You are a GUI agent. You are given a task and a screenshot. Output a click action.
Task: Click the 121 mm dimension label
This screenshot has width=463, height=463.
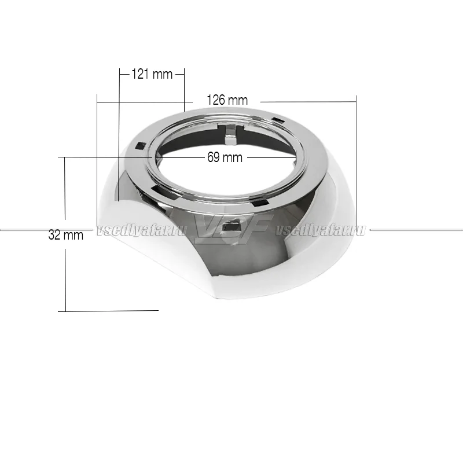pos(152,74)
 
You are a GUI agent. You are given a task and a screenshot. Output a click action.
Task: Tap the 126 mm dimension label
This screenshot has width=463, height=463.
pos(227,100)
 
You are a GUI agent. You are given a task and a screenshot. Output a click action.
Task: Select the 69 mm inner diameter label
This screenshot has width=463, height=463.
pos(225,157)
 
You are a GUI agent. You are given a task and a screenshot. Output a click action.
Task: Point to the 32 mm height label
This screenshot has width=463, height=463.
pos(66,235)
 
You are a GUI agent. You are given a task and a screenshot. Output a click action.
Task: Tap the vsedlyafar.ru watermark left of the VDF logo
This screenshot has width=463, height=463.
pos(142,230)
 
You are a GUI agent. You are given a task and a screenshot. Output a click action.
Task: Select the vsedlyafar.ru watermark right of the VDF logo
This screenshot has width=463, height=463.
pos(321,230)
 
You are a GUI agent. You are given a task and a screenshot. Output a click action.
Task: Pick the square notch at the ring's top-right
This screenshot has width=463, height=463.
pos(277,120)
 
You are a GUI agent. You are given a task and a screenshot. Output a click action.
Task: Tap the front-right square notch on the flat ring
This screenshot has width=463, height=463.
pos(260,203)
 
